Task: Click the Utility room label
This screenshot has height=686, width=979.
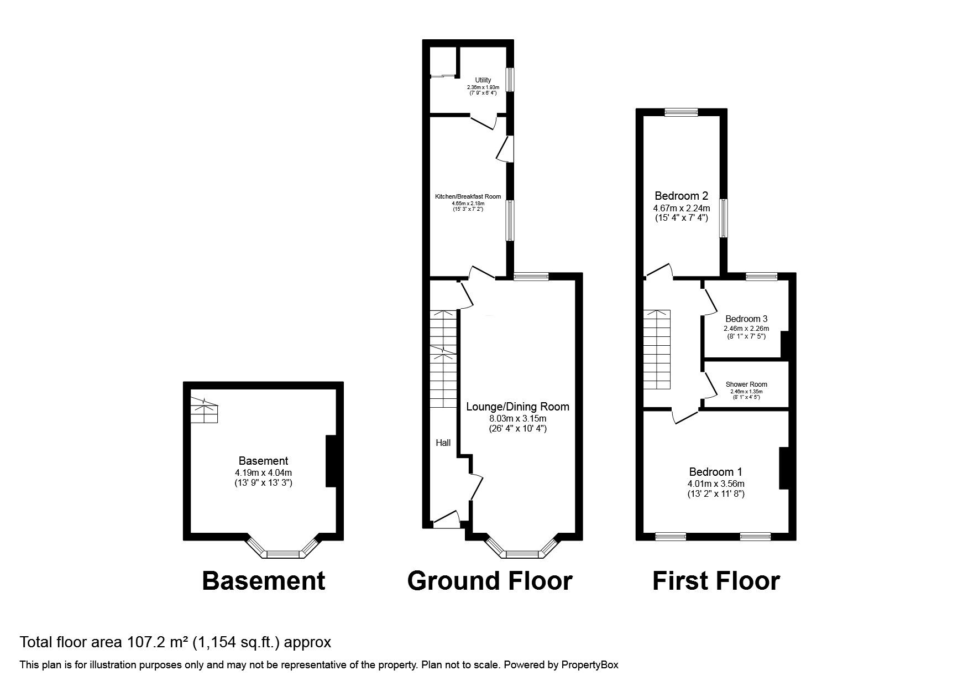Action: coord(483,81)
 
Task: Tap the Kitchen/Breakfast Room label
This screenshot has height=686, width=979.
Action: coord(468,196)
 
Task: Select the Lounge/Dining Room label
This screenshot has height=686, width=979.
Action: coord(517,407)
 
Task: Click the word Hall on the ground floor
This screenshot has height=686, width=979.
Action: coord(443,443)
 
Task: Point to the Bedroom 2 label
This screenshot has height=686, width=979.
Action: coord(681,196)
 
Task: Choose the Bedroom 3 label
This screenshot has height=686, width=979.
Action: coord(746,319)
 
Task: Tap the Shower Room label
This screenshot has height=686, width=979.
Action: coord(746,384)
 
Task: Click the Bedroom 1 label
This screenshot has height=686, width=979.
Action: coord(715,472)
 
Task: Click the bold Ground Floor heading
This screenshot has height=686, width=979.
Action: coord(490,581)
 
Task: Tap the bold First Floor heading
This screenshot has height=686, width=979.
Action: coord(716,581)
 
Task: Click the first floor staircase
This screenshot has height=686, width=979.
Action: coord(656,349)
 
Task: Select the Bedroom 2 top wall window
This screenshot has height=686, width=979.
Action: coord(681,112)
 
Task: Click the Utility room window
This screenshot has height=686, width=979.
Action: coord(511,79)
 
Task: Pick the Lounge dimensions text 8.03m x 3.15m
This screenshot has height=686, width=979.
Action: coord(517,418)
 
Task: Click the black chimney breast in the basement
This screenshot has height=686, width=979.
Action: coord(331,461)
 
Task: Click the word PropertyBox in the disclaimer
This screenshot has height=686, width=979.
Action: coord(590,665)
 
